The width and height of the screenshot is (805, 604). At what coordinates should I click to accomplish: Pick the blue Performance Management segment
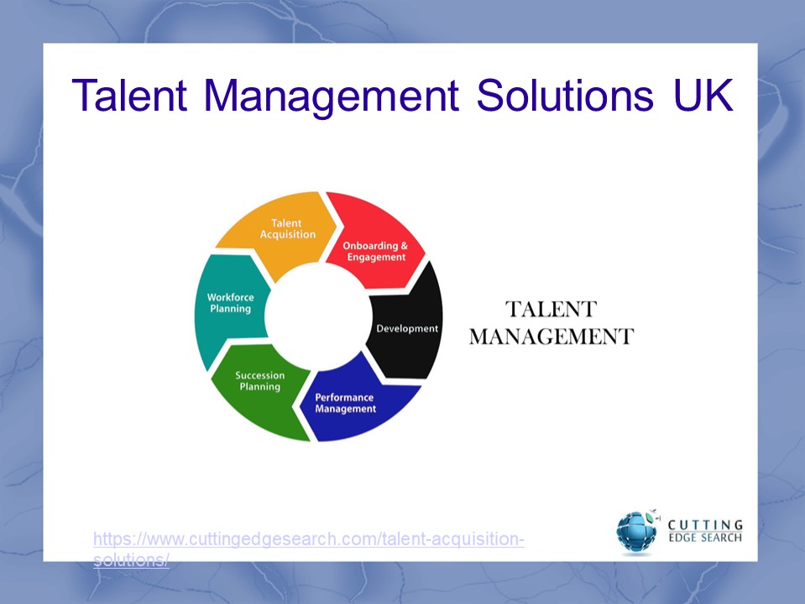coord(353,403)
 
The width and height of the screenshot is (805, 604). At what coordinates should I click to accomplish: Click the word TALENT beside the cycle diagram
coord(550,310)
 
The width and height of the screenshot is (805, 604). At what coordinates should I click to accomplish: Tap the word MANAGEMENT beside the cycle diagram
coord(551,337)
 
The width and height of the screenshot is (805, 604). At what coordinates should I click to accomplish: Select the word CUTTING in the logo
coord(705,525)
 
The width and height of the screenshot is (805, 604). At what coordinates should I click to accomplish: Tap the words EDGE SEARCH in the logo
coord(705,538)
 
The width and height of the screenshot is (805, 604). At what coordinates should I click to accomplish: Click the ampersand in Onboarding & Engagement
coord(404,246)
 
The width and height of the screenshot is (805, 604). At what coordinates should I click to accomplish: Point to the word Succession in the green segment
coord(259,376)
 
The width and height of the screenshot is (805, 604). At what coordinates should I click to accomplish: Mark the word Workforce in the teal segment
coord(230,297)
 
